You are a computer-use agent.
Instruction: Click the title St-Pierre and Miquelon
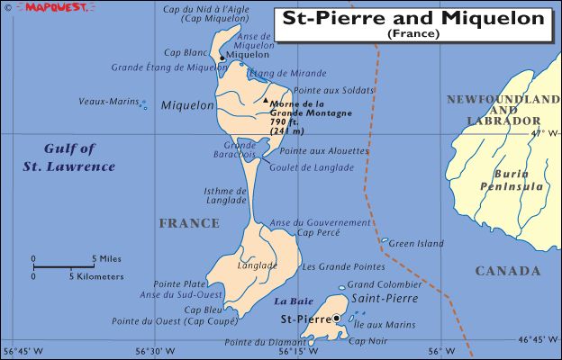coord(413,18)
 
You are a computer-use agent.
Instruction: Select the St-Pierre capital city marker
coord(337,318)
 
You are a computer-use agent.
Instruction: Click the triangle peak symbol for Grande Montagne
coord(266,100)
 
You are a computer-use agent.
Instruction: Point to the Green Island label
coord(416,243)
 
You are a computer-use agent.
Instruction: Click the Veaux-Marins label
coord(109,102)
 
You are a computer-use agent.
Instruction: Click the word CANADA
coord(508,271)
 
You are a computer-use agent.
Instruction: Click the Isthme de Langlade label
coord(226,194)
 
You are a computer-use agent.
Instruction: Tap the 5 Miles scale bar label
coord(106,258)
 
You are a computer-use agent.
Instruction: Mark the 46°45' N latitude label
coord(538,339)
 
